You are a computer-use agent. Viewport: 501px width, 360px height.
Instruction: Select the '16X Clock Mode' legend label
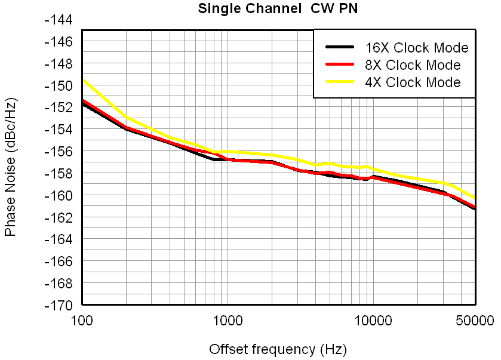[x=416, y=48]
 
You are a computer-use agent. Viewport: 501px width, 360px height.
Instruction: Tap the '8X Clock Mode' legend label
[x=413, y=65]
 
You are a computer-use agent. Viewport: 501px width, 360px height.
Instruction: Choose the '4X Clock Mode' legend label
[x=413, y=82]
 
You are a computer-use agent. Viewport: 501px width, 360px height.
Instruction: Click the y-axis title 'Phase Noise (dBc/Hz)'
[x=10, y=168]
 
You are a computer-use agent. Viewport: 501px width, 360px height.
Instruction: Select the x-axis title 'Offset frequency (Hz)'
[x=278, y=349]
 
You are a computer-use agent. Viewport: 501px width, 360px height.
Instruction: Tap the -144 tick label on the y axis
[x=59, y=20]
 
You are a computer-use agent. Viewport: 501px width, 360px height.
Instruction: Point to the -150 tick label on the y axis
[x=59, y=85]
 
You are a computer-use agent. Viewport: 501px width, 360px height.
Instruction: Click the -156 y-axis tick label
[x=59, y=152]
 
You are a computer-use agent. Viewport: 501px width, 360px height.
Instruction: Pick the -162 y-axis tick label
[x=59, y=217]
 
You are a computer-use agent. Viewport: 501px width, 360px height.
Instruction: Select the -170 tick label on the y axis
[x=59, y=305]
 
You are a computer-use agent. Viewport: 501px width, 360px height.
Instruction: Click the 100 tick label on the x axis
[x=82, y=321]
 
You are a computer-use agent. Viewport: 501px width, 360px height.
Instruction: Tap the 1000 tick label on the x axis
[x=228, y=321]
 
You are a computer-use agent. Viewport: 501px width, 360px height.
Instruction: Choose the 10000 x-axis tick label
[x=373, y=321]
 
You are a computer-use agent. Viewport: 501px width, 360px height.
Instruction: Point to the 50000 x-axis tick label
[x=475, y=321]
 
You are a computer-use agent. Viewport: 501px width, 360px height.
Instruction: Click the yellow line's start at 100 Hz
[x=82, y=79]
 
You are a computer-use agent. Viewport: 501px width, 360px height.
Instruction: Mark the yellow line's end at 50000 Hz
[x=475, y=198]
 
